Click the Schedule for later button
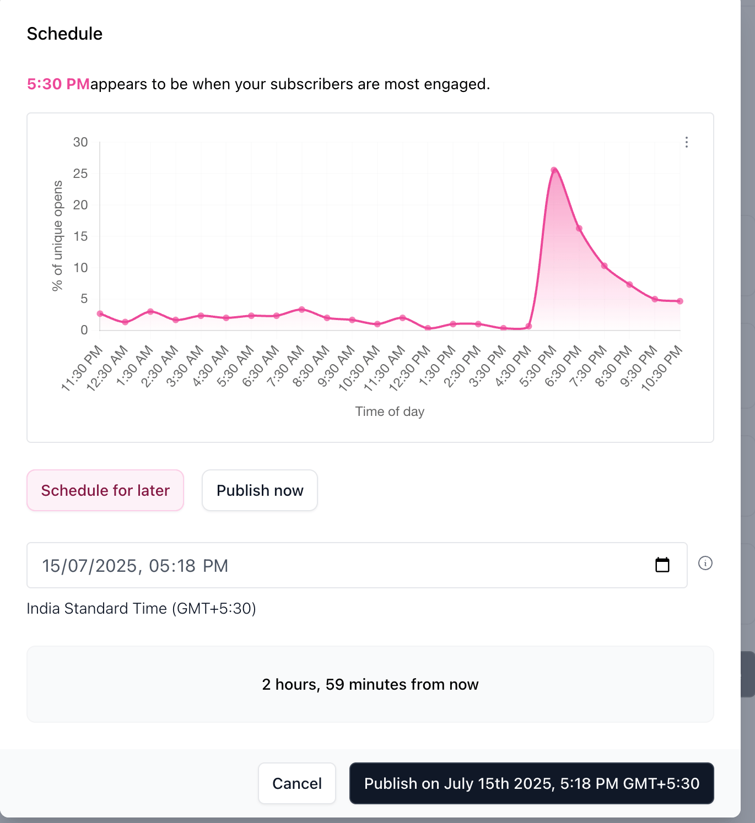[x=105, y=490]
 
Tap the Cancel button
[x=297, y=783]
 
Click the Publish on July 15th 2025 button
[x=531, y=783]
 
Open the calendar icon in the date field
[x=662, y=565]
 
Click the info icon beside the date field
[x=705, y=563]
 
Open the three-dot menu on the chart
[x=686, y=142]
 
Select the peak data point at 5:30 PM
[x=554, y=170]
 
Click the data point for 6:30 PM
[x=579, y=229]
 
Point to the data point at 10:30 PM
[x=680, y=301]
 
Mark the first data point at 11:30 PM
[x=100, y=313]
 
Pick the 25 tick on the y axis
[x=80, y=174]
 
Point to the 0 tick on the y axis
[x=84, y=330]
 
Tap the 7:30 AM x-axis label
[x=286, y=366]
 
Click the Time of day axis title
[x=390, y=411]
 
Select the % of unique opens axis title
[x=57, y=236]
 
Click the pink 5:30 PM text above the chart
[x=58, y=84]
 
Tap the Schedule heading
[x=64, y=34]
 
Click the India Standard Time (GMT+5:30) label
[x=141, y=608]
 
